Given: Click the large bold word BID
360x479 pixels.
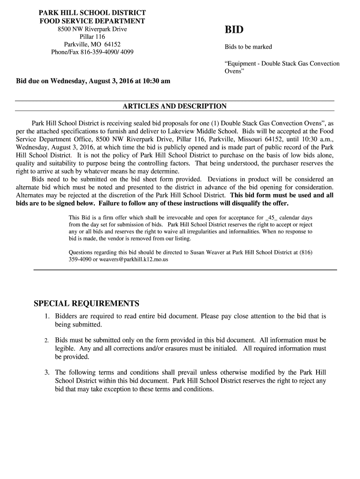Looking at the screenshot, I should (x=234, y=30).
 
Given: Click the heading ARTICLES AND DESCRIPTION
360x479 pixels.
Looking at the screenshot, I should (x=174, y=106).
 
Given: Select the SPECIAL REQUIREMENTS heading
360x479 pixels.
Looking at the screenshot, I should (x=86, y=303).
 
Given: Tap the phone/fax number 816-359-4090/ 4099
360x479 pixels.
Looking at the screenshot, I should (x=107, y=52).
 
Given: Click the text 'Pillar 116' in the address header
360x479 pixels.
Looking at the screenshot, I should (x=92, y=37).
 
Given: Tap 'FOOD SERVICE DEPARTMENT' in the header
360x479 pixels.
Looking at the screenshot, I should (x=92, y=21).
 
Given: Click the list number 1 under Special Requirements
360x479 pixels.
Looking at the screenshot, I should (x=47, y=317).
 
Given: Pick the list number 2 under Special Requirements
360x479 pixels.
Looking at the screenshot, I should (x=47, y=341).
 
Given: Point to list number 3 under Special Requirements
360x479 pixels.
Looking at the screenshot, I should (x=47, y=373).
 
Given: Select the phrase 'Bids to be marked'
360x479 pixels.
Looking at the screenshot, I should (x=248, y=47).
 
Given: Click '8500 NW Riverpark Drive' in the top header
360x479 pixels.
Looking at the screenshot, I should (x=92, y=29).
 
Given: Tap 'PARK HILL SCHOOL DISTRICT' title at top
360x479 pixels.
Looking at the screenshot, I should (x=92, y=13).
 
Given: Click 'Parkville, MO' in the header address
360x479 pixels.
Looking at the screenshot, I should (x=82, y=44).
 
